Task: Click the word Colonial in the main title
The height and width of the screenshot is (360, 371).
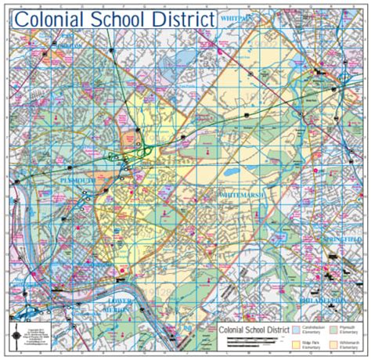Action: [57, 19]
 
